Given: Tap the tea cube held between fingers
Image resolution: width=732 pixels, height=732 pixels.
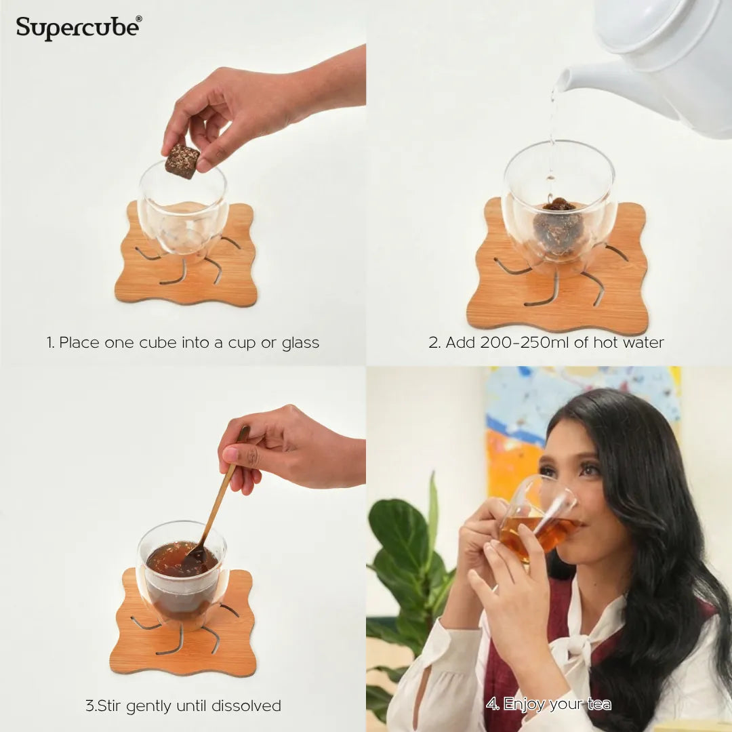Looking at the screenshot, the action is tap(182, 161).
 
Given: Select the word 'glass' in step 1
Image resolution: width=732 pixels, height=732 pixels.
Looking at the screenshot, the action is tap(300, 344).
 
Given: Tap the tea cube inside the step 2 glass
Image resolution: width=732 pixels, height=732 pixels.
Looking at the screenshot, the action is tap(558, 226).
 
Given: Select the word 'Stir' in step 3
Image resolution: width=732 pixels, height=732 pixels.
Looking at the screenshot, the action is tap(108, 706).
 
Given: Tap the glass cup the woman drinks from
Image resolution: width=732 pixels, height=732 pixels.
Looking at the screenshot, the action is tap(537, 518).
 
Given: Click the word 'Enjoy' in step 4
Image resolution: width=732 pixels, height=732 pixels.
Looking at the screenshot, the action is tap(526, 704).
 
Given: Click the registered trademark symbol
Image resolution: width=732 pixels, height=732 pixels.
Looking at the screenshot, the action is tap(139, 19).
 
